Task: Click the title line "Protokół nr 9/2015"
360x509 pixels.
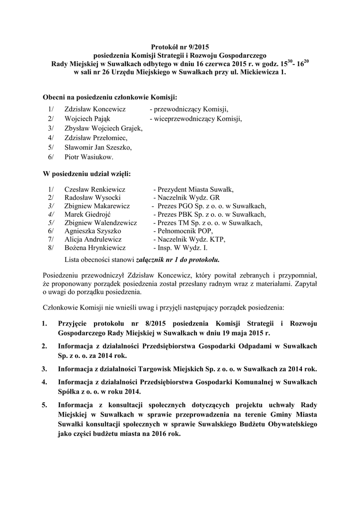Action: (x=180, y=46)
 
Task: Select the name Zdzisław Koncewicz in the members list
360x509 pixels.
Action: (x=94, y=109)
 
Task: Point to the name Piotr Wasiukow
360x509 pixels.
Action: (x=89, y=157)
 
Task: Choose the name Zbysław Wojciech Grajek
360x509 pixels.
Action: (x=103, y=128)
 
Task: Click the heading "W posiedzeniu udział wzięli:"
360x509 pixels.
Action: (x=87, y=174)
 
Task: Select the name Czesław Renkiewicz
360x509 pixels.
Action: (x=94, y=189)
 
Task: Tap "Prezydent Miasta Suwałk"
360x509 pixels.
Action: (x=195, y=189)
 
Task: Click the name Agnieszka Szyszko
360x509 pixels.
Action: (x=93, y=231)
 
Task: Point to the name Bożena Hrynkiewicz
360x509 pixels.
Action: (x=95, y=248)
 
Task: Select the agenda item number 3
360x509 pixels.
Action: (x=45, y=369)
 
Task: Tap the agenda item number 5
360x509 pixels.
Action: (x=45, y=405)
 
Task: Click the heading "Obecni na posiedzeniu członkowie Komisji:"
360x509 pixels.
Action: (x=110, y=96)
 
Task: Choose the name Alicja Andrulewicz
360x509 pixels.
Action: (x=94, y=239)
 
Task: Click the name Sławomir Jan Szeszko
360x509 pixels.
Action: (x=97, y=148)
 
